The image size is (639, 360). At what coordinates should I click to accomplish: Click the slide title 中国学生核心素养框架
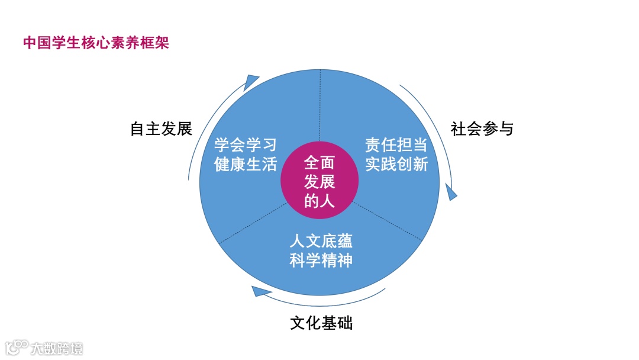[96, 43]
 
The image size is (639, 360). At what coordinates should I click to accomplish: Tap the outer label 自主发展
[161, 128]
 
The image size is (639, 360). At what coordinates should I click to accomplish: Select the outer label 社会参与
[482, 128]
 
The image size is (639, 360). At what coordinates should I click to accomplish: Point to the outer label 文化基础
[321, 323]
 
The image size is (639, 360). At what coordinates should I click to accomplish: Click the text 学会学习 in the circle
[246, 146]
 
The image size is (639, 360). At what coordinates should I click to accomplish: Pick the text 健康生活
[246, 164]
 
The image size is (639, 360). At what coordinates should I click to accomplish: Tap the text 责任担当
[396, 146]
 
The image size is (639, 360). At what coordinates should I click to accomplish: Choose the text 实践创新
[396, 164]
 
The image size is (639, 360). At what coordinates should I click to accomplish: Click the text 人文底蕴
[321, 241]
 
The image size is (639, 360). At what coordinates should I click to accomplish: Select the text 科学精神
[321, 260]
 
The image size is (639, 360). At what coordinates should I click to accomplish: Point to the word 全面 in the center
[319, 162]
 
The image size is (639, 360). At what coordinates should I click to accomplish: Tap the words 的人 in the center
[319, 201]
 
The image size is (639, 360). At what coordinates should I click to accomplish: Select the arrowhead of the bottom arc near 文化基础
[260, 290]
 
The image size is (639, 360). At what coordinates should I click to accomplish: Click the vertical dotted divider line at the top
[320, 107]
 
